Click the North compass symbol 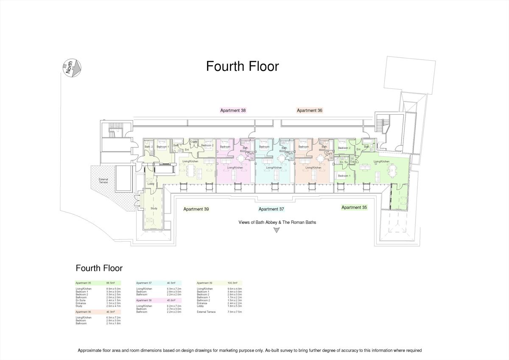coord(72,68)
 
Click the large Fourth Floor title coord(242,67)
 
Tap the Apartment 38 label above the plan coord(233,110)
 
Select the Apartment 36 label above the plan coord(310,110)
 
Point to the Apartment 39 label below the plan coord(196,209)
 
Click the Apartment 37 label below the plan coord(271,209)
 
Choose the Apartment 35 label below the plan coord(354,208)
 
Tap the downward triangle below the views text coord(277,230)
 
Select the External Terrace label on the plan coord(103,180)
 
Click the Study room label coord(154,208)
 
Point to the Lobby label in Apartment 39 coord(151,183)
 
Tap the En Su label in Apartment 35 coord(344,162)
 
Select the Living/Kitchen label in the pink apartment coord(235,168)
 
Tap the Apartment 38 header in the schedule coord(144,300)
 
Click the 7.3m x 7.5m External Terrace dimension coord(234,312)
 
